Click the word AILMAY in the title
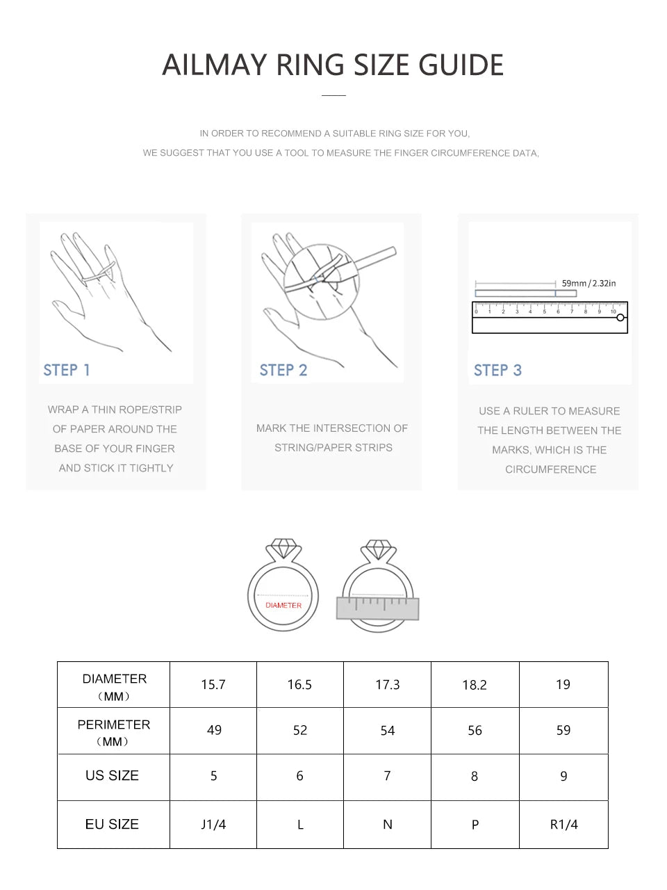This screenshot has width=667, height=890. pyautogui.click(x=215, y=65)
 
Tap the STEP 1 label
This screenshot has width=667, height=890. pyautogui.click(x=67, y=370)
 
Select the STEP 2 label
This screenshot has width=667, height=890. pyautogui.click(x=283, y=370)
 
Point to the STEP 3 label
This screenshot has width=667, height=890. pyautogui.click(x=497, y=371)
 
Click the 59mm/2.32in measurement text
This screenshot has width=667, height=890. pyautogui.click(x=588, y=283)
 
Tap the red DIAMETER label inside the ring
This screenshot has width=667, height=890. pyautogui.click(x=283, y=606)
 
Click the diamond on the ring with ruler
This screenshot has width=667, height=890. pyautogui.click(x=378, y=549)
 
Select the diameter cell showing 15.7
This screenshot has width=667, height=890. pyautogui.click(x=213, y=685)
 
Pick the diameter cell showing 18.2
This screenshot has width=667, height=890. pyautogui.click(x=475, y=685)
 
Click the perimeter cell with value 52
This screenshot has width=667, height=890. pyautogui.click(x=300, y=730)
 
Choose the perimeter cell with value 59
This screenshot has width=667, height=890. pyautogui.click(x=563, y=730)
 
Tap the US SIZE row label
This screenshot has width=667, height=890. pyautogui.click(x=112, y=776)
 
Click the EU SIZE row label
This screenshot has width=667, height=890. pyautogui.click(x=112, y=825)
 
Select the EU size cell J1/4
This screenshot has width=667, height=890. pyautogui.click(x=213, y=825)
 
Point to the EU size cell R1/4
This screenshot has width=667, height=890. pyautogui.click(x=563, y=825)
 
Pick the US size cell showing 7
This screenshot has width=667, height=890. pyautogui.click(x=387, y=776)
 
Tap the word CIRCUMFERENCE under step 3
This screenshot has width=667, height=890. pyautogui.click(x=550, y=469)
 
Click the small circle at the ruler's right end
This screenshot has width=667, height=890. pyautogui.click(x=620, y=318)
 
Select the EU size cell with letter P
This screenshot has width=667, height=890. pyautogui.click(x=475, y=825)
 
